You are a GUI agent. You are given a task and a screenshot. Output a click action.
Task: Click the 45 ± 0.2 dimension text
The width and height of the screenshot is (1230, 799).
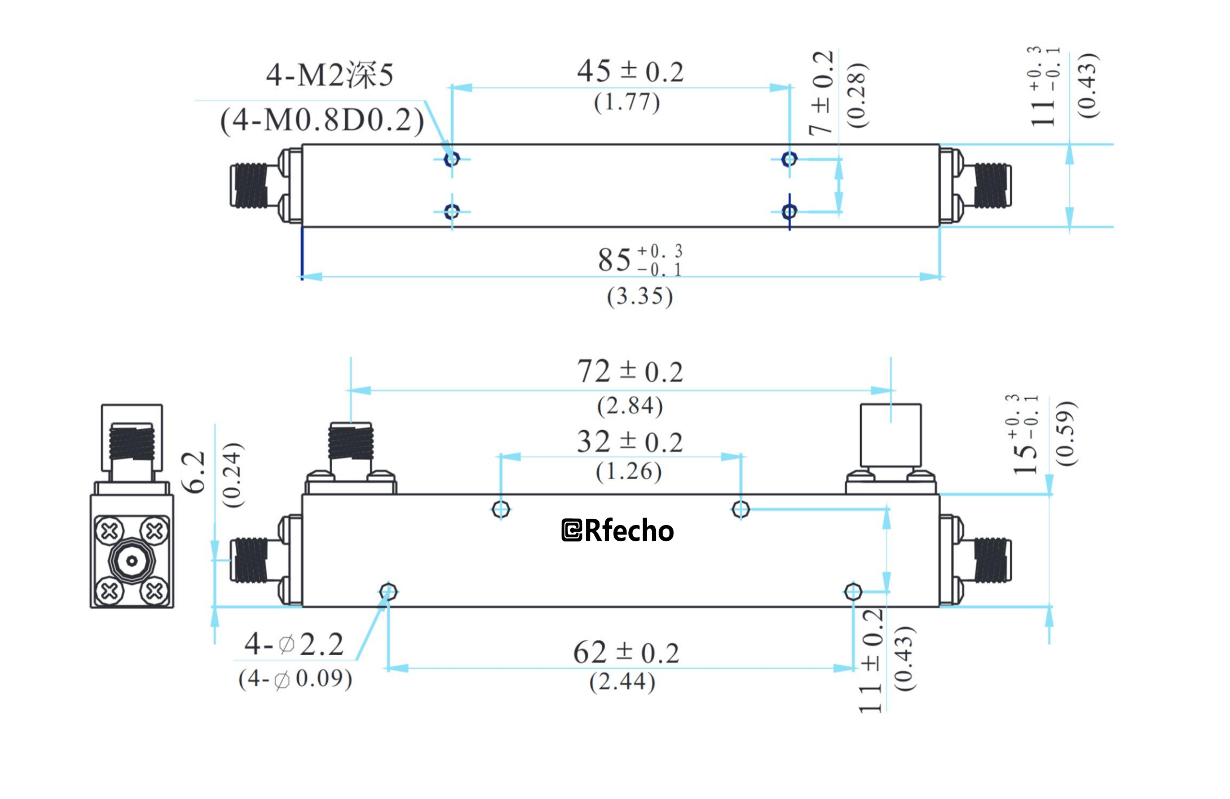coord(629,72)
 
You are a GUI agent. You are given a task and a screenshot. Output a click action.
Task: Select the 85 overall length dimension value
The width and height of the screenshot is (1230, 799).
coord(614,260)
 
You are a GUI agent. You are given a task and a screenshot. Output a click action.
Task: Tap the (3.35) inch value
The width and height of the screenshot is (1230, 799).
coord(640,296)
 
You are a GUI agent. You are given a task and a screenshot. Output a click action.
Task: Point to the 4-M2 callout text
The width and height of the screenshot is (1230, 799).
coord(329,74)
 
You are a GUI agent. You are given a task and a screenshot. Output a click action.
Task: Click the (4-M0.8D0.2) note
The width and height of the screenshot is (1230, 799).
coord(321,120)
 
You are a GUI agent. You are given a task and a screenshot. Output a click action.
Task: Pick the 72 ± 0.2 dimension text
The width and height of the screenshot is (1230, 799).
coord(629,372)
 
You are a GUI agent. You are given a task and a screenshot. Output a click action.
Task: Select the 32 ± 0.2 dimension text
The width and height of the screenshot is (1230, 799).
coord(629,442)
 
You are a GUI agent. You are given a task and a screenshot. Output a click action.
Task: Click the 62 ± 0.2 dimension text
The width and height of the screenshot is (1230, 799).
coord(626,653)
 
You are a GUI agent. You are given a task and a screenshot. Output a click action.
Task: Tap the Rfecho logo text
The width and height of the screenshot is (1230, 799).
coord(618,531)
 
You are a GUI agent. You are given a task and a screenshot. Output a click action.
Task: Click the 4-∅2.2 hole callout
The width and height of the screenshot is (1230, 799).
coord(294,644)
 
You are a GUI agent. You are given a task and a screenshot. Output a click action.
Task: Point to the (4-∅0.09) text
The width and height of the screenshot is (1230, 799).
coord(295,678)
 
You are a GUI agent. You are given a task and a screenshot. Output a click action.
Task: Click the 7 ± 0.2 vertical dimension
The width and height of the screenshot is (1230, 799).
coord(822,93)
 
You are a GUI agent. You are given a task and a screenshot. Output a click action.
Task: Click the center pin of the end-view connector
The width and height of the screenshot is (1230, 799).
coord(131,561)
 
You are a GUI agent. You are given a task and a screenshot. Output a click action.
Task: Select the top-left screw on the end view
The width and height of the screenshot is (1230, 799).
coord(109,531)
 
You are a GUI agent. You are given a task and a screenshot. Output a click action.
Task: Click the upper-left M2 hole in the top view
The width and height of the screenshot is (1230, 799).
coord(452,160)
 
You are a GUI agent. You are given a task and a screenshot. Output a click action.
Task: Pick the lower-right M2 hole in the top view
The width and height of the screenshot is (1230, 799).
coord(789,211)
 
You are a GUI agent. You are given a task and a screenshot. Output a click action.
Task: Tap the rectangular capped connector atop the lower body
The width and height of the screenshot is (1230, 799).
coord(890,434)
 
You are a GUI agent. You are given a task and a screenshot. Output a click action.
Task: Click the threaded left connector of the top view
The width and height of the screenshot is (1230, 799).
coord(250,186)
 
